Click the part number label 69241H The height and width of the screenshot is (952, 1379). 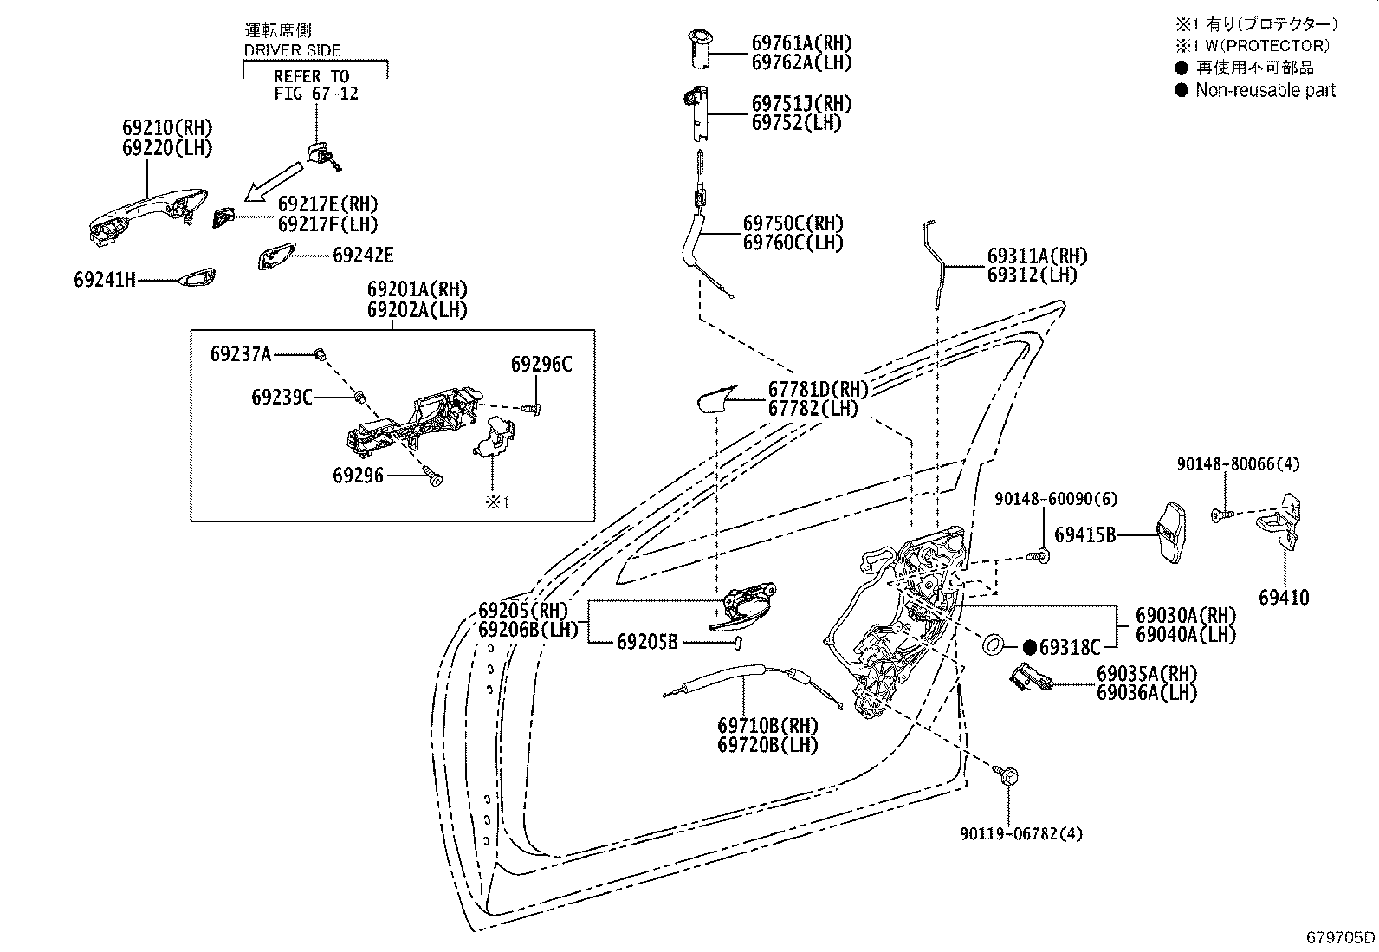pos(105,280)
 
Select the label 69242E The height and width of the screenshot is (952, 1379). pos(363,256)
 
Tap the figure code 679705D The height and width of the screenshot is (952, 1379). pos(1340,936)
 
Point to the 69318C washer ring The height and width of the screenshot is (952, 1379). pos(993,646)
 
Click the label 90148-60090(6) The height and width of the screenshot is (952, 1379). pos(1056,499)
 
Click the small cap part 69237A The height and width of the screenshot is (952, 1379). pos(320,354)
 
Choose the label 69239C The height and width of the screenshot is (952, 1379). pos(282,398)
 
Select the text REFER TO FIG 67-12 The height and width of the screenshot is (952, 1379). pos(315,85)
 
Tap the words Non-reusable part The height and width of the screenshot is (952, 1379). pos(1266,90)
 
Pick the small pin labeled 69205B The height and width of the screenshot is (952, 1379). pos(739,644)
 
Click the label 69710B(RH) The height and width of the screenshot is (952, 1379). pos(767,726)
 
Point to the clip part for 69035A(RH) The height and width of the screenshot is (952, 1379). pos(1031,678)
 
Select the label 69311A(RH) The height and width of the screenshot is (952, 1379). pos(1038,256)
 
